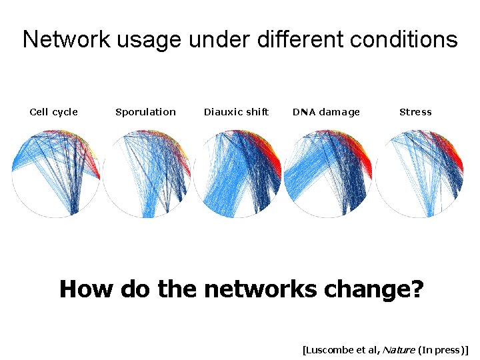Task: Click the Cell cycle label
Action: (54, 112)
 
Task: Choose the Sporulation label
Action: (145, 112)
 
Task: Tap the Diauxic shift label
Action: (236, 112)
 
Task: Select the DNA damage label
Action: (326, 112)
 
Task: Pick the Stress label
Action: (415, 112)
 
